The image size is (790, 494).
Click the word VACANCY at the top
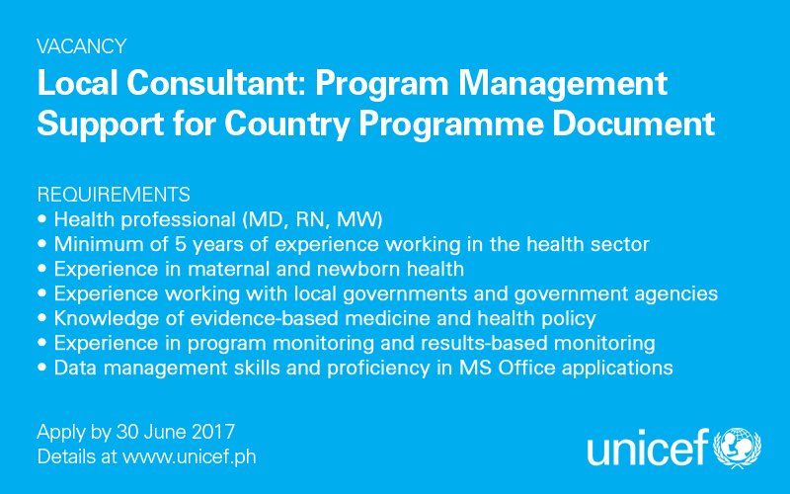(82, 46)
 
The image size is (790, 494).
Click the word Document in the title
(633, 123)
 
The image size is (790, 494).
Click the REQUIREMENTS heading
(114, 195)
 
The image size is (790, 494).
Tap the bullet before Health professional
(41, 219)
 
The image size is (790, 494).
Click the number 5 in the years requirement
(181, 244)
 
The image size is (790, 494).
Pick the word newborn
(358, 269)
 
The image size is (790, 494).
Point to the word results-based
(484, 343)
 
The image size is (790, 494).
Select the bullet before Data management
(41, 368)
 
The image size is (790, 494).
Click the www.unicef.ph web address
(190, 457)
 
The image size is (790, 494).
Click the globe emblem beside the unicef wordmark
(737, 449)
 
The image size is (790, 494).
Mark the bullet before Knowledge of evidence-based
(41, 318)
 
